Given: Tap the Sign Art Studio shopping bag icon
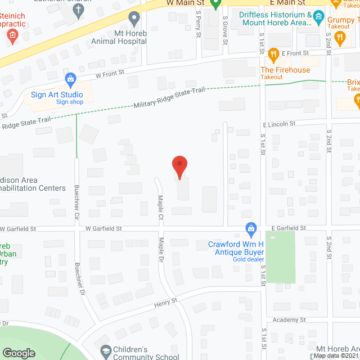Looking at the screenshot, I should (x=70, y=79).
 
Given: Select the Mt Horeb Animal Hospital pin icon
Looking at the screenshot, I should (x=134, y=19).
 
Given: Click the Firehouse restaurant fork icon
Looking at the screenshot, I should (x=274, y=55).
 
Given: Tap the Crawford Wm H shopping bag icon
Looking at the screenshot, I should (x=251, y=228).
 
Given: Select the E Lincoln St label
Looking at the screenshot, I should (x=278, y=124).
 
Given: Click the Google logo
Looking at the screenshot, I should (x=19, y=353).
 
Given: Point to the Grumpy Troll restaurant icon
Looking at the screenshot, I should (x=339, y=38).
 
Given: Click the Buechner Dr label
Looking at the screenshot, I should (x=82, y=281).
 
